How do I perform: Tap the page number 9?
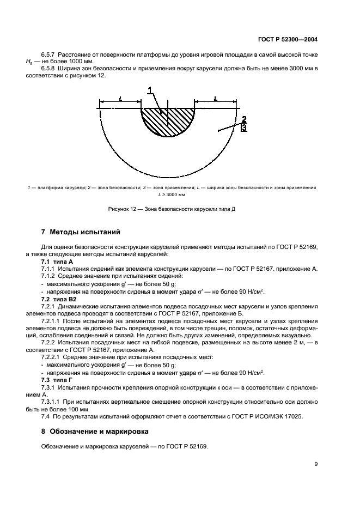pyautogui.click(x=316, y=464)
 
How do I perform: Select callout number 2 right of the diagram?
pyautogui.click(x=245, y=119)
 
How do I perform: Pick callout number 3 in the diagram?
pyautogui.click(x=245, y=127)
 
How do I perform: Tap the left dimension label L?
pyautogui.click(x=120, y=99)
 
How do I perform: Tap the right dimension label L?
pyautogui.click(x=216, y=99)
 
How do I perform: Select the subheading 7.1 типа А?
pyautogui.click(x=57, y=262)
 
